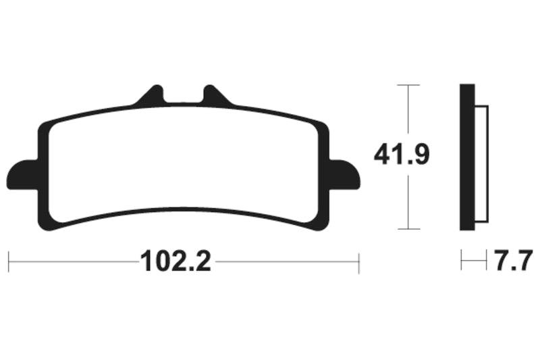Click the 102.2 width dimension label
[175, 261]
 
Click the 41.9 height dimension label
[402, 156]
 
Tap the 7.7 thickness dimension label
[515, 259]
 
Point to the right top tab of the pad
[213, 95]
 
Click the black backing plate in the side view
[468, 156]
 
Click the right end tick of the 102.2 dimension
[359, 261]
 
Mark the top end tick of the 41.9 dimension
[408, 85]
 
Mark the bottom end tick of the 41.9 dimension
[408, 229]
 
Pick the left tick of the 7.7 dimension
[462, 260]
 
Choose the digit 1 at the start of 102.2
[143, 261]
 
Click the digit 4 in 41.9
[382, 156]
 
